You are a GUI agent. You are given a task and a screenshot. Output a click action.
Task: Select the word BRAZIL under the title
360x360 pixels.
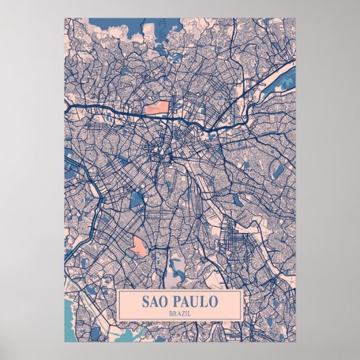click(x=180, y=312)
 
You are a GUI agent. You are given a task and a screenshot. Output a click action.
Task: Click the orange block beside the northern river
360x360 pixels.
click(x=156, y=107)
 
